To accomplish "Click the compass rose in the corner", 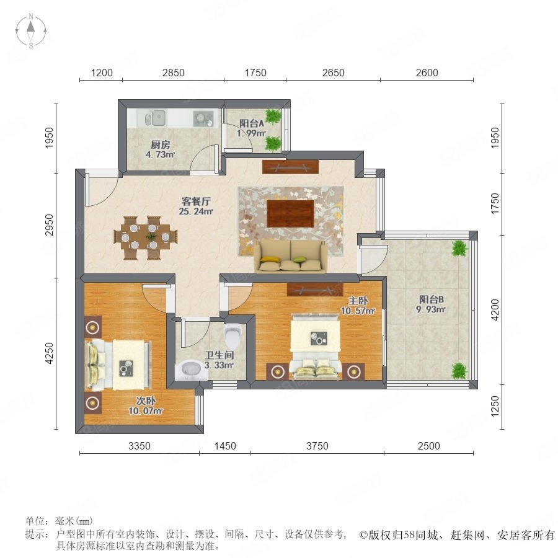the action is (x=31, y=31).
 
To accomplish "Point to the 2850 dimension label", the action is (x=174, y=73).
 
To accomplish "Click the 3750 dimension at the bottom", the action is (x=317, y=446).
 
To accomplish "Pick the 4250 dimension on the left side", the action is (x=49, y=353).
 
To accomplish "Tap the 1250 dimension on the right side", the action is (x=495, y=406).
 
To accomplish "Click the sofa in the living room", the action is (x=290, y=256).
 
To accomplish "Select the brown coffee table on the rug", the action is (x=290, y=213).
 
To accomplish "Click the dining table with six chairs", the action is (x=146, y=237).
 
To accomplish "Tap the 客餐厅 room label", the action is (x=196, y=201).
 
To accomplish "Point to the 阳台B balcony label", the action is (x=432, y=299).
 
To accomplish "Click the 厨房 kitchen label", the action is (x=160, y=145).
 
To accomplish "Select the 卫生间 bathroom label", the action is (x=219, y=355).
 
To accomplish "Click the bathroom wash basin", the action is (x=192, y=370).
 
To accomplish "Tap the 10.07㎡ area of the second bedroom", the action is (x=146, y=410).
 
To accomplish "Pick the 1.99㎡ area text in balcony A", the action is (x=252, y=133).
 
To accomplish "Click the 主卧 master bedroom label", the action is (x=358, y=301).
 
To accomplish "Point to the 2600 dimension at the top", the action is (x=427, y=73).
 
